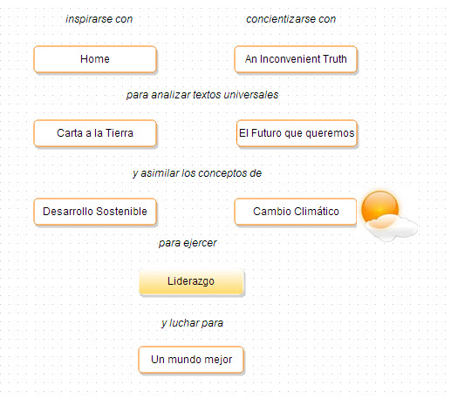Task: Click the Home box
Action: [95, 59]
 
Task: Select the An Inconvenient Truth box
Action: [296, 59]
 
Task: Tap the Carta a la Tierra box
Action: [95, 133]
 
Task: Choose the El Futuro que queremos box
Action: [297, 133]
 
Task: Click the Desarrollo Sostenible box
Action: [95, 212]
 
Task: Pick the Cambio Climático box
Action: [296, 212]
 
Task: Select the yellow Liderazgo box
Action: [191, 281]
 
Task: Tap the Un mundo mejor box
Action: [191, 360]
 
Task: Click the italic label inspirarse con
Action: [99, 19]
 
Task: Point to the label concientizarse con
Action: [291, 19]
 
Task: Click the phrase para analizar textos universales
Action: [202, 95]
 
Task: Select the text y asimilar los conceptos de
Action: [197, 173]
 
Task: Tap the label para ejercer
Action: [188, 243]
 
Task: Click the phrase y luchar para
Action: [192, 323]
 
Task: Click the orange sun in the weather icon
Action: [379, 207]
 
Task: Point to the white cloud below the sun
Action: [391, 228]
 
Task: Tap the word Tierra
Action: [120, 133]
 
